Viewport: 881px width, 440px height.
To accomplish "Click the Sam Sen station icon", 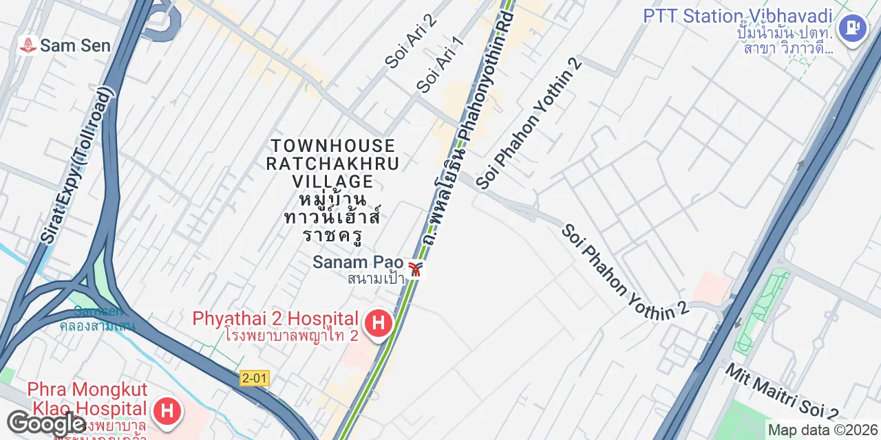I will (28, 46).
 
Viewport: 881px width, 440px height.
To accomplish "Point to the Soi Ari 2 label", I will (411, 41).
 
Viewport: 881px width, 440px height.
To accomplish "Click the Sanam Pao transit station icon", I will (415, 269).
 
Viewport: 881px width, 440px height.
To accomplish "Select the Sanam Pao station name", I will (357, 262).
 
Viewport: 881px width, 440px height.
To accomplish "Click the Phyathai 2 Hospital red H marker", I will (378, 323).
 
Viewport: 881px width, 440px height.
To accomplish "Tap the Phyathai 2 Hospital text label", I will (275, 319).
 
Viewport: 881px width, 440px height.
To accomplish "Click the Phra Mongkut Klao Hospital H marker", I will (167, 410).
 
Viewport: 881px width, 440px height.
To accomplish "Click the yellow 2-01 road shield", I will (255, 378).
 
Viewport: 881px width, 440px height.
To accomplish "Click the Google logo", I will (45, 423).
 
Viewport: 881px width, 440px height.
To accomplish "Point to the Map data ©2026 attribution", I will (823, 430).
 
